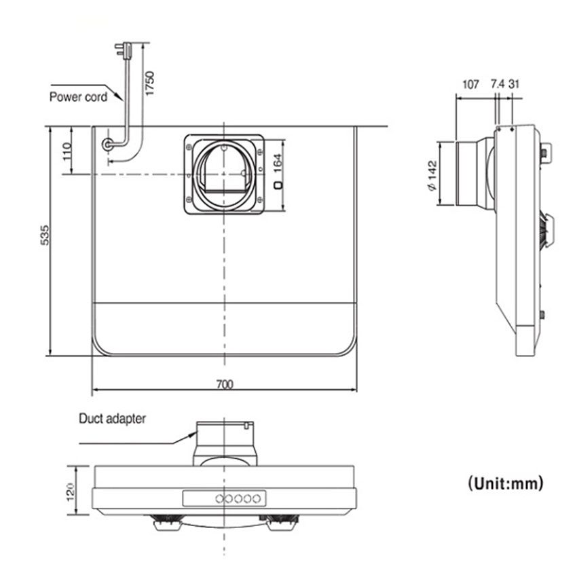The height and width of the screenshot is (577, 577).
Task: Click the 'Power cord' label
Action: pyautogui.click(x=78, y=97)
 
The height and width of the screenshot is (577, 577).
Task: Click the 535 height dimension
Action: pyautogui.click(x=45, y=235)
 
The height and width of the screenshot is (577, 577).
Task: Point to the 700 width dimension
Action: pyautogui.click(x=224, y=384)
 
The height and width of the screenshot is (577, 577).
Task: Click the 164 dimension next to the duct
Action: pyautogui.click(x=278, y=163)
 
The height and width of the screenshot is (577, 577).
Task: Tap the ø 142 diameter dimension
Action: pyautogui.click(x=432, y=179)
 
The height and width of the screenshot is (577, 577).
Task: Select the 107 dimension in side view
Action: pyautogui.click(x=470, y=85)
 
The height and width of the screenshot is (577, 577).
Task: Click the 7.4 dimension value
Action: pyautogui.click(x=497, y=85)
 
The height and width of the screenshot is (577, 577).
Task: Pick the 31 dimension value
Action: pyautogui.click(x=515, y=85)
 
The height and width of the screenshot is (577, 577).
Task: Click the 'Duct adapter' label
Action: pyautogui.click(x=112, y=419)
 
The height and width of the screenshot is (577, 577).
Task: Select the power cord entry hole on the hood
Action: pyautogui.click(x=108, y=145)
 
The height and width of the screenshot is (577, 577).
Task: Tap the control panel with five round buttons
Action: pyautogui.click(x=222, y=498)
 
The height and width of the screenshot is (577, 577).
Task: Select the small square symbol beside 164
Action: pyautogui.click(x=278, y=185)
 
